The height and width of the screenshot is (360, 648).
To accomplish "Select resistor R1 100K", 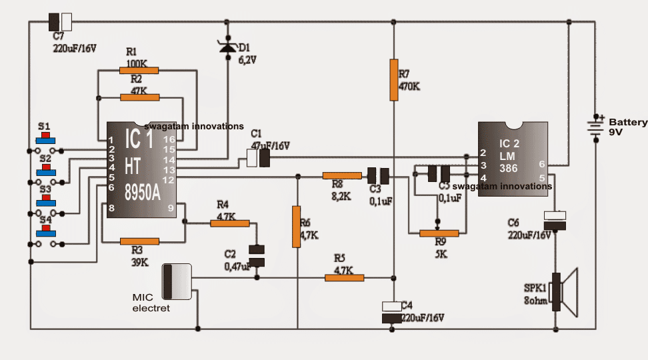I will (139, 70).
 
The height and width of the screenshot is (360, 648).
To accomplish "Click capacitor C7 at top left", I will (61, 21).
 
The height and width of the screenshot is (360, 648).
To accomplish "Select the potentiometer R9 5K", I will (439, 233).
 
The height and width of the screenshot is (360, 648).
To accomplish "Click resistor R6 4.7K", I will (297, 227).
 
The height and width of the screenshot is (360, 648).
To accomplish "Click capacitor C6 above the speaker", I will (555, 221).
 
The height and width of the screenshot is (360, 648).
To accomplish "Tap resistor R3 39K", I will (139, 241).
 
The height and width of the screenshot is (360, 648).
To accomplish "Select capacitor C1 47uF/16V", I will (258, 158).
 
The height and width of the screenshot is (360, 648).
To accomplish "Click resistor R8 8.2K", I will (342, 175).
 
